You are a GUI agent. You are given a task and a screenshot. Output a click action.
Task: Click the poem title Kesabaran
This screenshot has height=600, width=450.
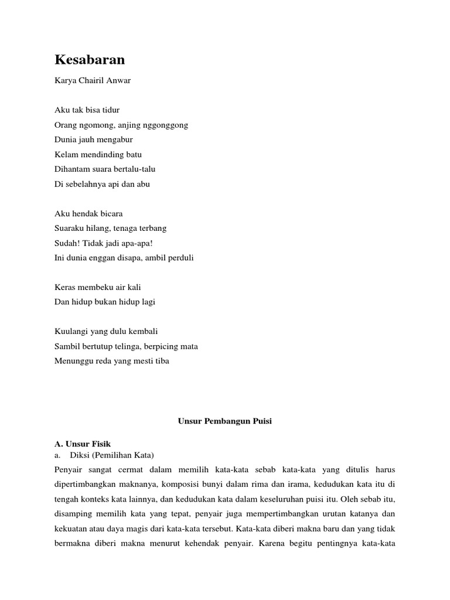pos(90,60)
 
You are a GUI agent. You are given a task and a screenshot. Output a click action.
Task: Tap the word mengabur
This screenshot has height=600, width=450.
pos(115,139)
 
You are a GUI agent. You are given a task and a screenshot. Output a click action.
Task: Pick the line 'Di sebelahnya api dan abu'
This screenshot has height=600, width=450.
pos(103,184)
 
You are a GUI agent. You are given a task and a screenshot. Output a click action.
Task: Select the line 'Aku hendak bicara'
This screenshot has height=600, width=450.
pos(88,213)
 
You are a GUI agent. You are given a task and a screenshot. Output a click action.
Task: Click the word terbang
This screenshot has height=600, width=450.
pos(153,228)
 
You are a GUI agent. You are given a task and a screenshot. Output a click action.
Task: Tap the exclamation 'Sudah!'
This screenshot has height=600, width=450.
pos(67,243)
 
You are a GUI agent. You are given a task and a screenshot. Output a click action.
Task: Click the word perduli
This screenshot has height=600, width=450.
pos(180,257)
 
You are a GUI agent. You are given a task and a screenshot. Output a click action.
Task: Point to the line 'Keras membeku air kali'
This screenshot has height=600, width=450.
pos(98,287)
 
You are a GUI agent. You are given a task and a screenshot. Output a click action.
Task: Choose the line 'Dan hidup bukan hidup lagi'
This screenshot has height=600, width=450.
pos(105,302)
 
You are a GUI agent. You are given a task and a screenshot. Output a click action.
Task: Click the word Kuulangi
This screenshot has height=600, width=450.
pos(70,331)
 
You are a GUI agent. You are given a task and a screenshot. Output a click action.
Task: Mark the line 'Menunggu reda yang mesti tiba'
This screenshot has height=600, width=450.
pos(112,361)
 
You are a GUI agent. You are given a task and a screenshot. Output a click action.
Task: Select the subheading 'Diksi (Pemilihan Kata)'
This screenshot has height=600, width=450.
pos(111,455)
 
